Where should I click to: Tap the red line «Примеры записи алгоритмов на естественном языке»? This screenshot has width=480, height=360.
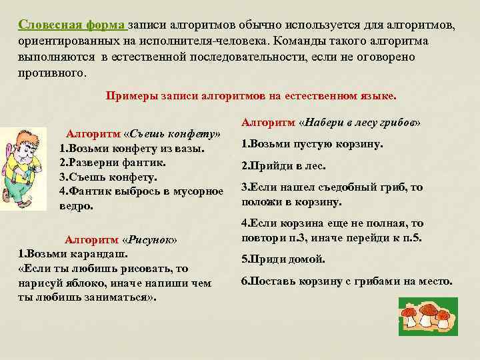click(251, 95)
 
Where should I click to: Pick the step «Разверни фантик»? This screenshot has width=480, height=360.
click(113, 162)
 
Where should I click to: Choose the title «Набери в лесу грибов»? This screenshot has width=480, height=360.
click(361, 123)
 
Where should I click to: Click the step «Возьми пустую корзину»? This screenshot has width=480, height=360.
click(311, 144)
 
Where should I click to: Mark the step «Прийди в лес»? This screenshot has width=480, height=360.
click(283, 166)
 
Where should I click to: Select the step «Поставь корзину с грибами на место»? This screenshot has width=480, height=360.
click(346, 281)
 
